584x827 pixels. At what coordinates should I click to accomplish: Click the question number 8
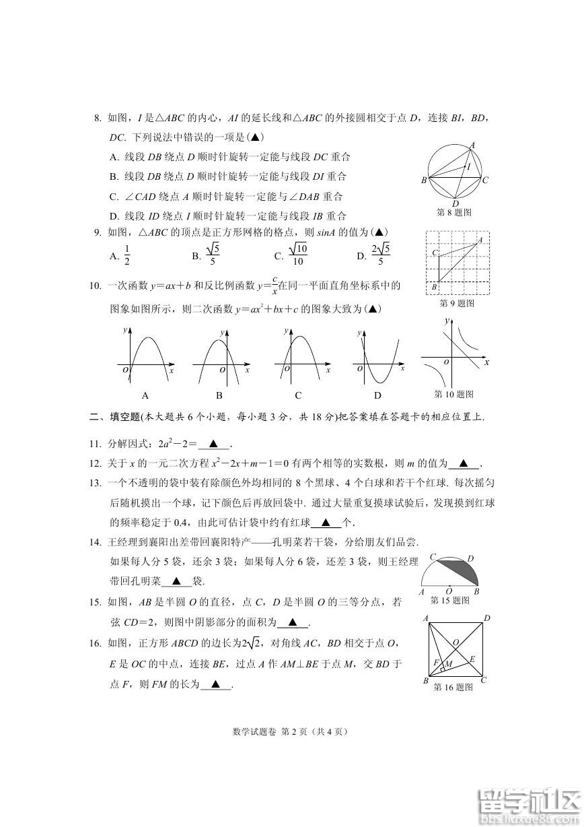point(97,119)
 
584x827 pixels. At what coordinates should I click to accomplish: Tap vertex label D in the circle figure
point(455,203)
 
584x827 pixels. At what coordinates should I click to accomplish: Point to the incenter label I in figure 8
point(469,166)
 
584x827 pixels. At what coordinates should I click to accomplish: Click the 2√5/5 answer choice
point(380,256)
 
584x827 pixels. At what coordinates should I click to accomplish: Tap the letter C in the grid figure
point(435,253)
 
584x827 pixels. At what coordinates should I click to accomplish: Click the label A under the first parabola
point(145,395)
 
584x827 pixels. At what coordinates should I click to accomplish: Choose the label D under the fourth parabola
point(377,395)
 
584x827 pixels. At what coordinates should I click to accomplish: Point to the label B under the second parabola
point(219,395)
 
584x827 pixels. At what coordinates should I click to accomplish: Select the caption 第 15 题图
point(450,601)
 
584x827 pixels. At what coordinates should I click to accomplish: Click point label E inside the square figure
point(472,659)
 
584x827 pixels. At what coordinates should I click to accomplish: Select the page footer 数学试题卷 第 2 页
point(291,731)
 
